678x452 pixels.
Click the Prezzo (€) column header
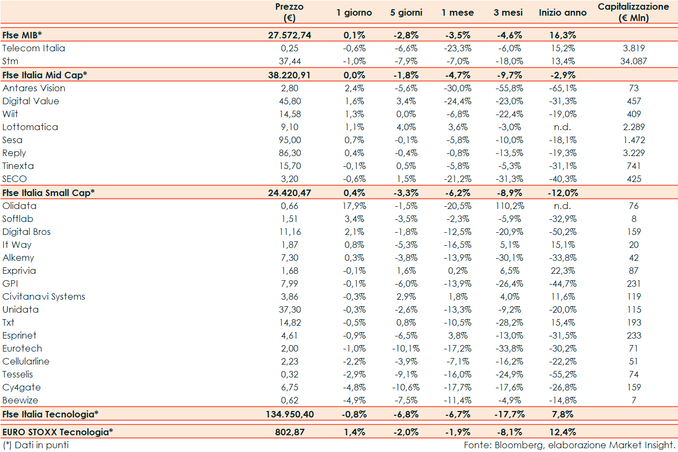pos(289,12)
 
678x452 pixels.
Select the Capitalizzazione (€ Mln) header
pos(633,12)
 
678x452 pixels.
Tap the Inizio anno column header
pos(563,12)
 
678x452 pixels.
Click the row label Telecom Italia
pos(33,48)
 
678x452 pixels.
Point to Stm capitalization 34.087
pos(633,61)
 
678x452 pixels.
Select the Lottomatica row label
pos(30,127)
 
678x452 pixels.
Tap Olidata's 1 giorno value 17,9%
pos(354,206)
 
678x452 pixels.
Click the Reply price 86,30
pos(290,153)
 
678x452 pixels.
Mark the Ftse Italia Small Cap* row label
pos(49,192)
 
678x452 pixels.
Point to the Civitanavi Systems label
pos(44,296)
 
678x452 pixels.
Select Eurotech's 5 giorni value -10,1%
pos(406,348)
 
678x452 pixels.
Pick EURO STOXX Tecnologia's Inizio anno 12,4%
pos(563,432)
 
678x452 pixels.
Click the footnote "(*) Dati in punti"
pos(36,445)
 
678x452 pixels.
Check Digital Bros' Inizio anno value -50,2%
pos(563,232)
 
